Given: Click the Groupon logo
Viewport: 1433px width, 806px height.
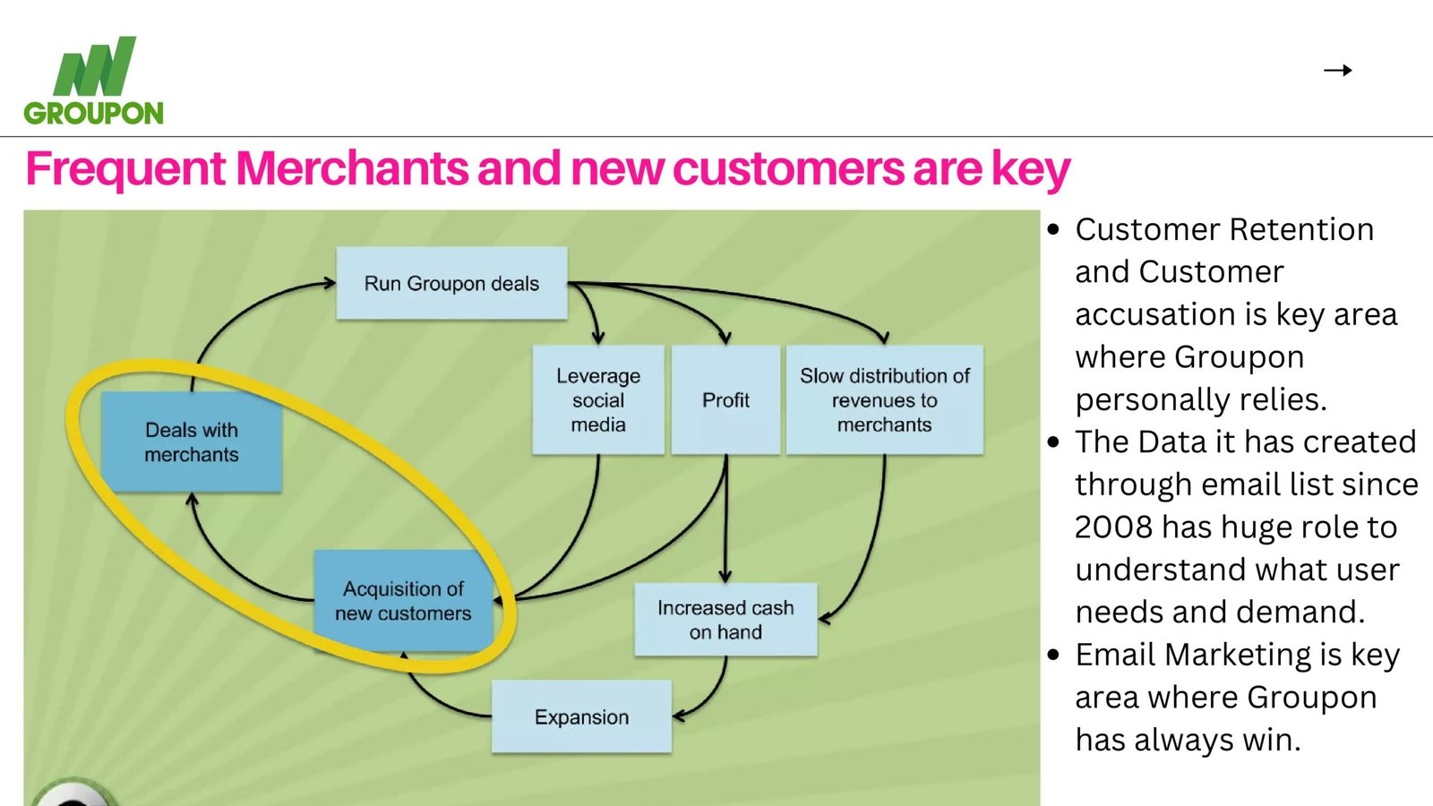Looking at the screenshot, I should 94,81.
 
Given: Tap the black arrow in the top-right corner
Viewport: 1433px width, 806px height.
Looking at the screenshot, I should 1337,70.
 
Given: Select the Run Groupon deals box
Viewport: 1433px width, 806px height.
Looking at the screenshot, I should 451,283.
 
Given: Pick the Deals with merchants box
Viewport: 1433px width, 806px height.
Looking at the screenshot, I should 192,442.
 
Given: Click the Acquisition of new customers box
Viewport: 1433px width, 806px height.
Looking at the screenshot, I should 403,601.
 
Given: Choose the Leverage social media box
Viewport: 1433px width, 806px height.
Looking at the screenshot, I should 598,400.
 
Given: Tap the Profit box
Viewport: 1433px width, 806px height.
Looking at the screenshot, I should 725,400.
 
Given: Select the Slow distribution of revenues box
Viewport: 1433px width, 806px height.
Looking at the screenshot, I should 884,400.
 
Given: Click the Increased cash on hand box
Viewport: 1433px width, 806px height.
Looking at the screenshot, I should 725,620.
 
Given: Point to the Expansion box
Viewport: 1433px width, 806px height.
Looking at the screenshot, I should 581,716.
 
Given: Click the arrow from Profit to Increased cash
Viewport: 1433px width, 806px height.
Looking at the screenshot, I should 725,519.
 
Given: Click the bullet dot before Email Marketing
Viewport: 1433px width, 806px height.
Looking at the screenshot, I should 1053,655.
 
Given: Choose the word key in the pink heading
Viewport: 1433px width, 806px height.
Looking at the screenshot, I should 1030,168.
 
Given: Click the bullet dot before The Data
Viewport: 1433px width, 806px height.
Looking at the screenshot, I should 1053,442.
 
